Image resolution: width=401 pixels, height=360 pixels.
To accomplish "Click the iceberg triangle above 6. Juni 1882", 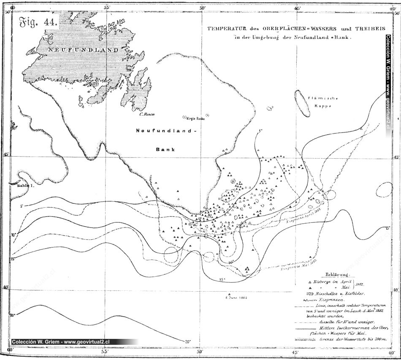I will pyautogui.click(x=229, y=294).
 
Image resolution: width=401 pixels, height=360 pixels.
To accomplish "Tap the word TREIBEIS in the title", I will pyautogui.click(x=341, y=28).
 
